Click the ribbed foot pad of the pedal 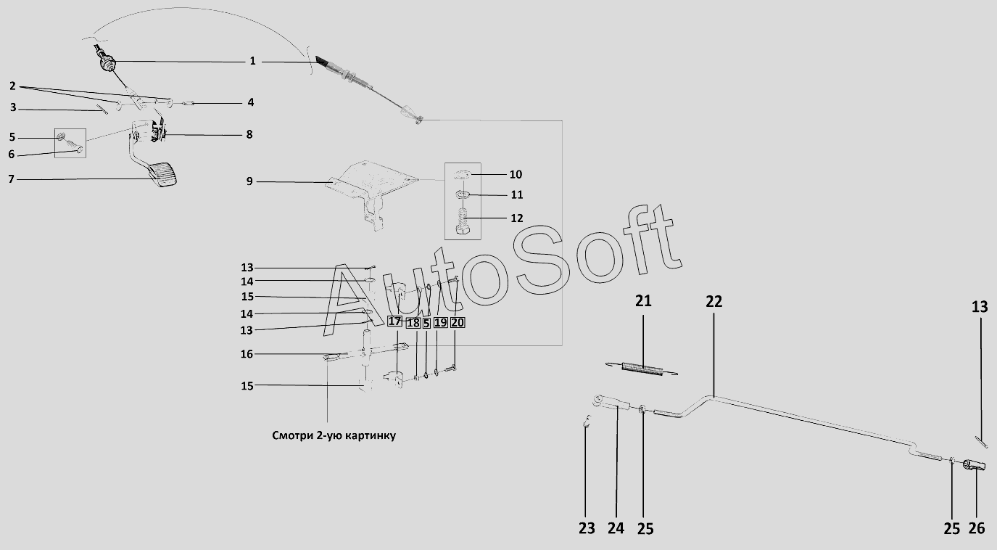(x=163, y=174)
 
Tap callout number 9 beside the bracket (x=249, y=181)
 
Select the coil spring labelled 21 (x=642, y=369)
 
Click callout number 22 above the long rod (x=714, y=302)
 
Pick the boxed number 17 (x=394, y=321)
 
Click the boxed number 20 (x=457, y=322)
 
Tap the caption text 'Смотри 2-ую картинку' (x=334, y=435)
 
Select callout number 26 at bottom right (x=977, y=528)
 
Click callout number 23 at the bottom (x=587, y=528)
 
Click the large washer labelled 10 (x=463, y=173)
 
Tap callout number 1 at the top (x=252, y=60)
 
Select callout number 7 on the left (x=11, y=179)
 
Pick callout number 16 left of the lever (x=247, y=354)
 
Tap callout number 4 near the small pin (x=251, y=102)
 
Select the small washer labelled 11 (x=463, y=194)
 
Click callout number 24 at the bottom (x=616, y=528)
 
